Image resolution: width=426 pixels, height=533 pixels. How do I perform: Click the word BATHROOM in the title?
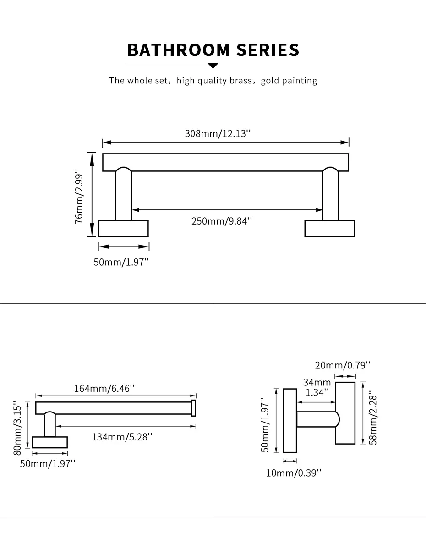pyautogui.click(x=179, y=50)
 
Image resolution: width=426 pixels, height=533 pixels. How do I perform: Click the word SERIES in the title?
pyautogui.click(x=268, y=50)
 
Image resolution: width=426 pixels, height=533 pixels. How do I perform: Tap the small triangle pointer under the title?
pyautogui.click(x=213, y=66)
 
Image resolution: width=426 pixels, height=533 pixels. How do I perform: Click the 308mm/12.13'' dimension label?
pyautogui.click(x=218, y=133)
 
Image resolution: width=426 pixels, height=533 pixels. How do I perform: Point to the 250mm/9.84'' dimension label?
pyautogui.click(x=222, y=221)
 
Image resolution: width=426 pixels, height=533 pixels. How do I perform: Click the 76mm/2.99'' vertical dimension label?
pyautogui.click(x=79, y=197)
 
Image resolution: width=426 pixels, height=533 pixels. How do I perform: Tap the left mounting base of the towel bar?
pyautogui.click(x=123, y=228)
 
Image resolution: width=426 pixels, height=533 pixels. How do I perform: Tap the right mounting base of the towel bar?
pyautogui.click(x=329, y=228)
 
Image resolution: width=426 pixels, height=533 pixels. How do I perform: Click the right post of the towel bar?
pyautogui.click(x=330, y=194)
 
